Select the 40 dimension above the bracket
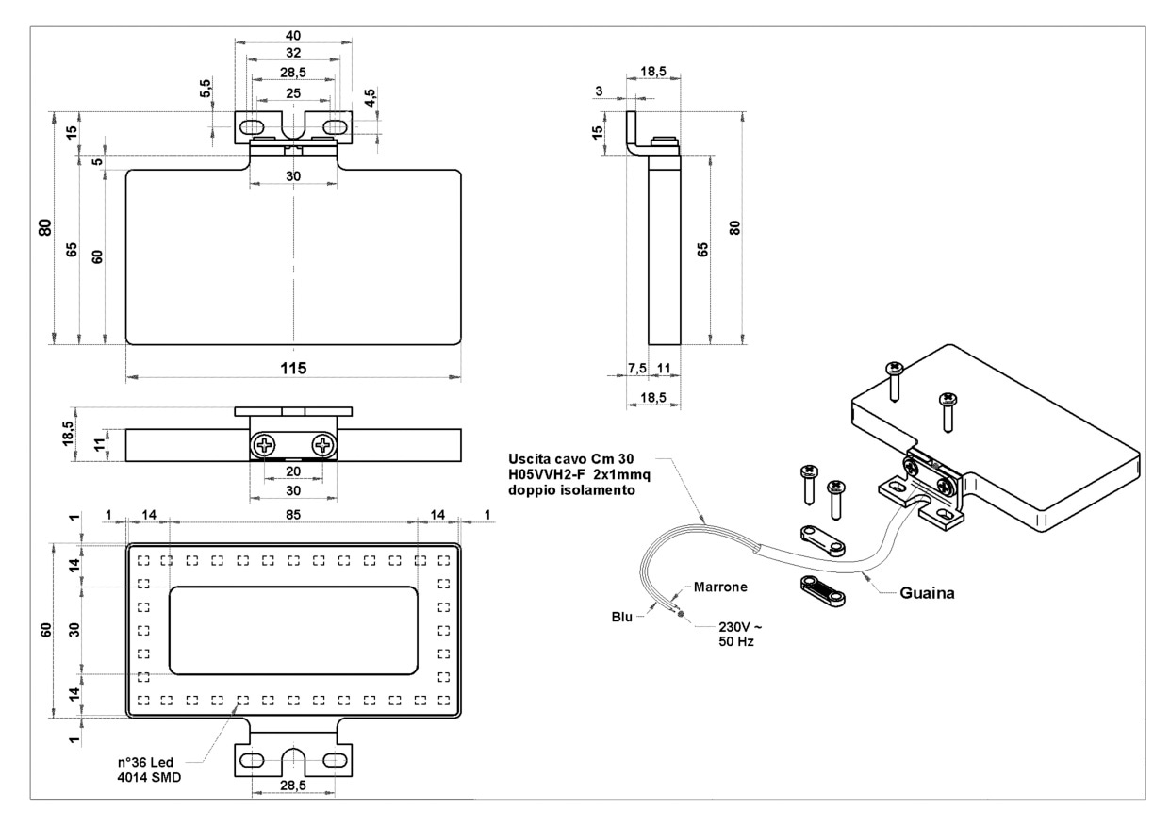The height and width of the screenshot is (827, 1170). point(293,35)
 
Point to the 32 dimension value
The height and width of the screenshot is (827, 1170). point(293,53)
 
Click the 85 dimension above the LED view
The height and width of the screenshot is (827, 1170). point(291,515)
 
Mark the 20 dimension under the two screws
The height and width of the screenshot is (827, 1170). point(293,471)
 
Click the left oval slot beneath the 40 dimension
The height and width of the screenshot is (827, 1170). point(251,126)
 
